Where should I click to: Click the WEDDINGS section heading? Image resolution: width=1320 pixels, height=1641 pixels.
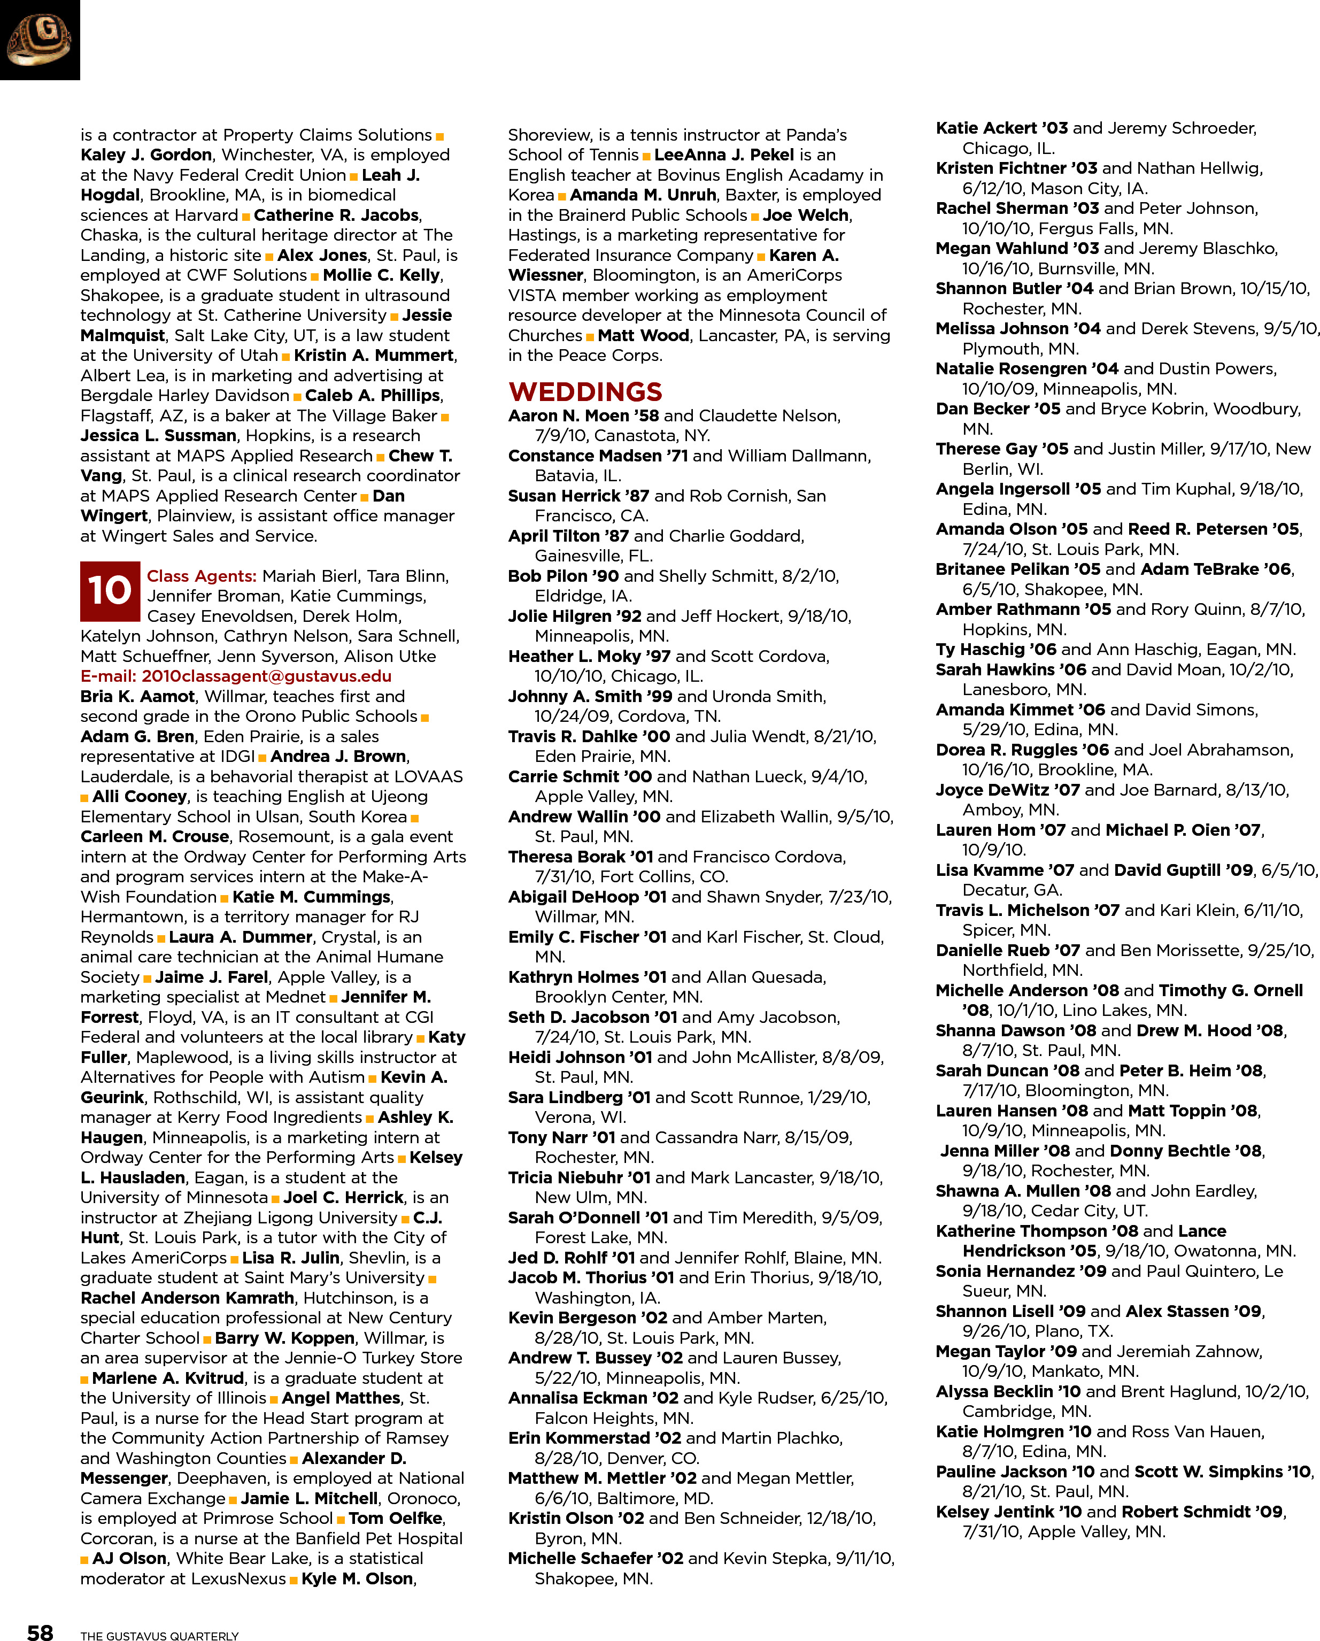pos(585,392)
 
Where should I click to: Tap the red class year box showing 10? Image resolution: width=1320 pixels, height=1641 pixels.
pos(110,591)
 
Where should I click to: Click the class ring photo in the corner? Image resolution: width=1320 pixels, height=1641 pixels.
pos(40,40)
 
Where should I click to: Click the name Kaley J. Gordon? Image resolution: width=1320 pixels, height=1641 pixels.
pos(146,155)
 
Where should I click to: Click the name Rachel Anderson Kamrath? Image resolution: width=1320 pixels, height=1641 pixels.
pos(187,1298)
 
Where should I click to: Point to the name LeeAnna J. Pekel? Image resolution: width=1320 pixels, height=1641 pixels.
pos(724,155)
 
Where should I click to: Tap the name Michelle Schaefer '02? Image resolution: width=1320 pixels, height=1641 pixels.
pos(595,1558)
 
